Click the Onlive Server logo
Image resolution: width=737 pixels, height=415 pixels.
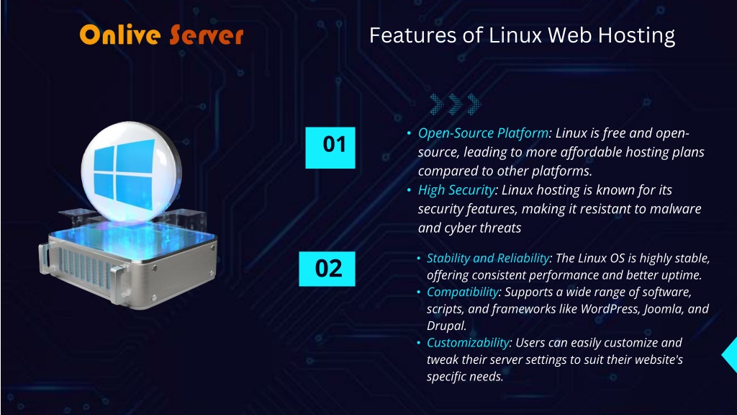point(161,35)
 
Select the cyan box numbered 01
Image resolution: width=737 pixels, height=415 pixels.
point(330,147)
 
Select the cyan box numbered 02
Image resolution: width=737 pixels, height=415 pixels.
point(327,269)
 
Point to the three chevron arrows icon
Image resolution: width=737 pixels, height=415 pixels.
point(455,104)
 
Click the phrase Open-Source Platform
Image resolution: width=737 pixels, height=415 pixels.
point(483,133)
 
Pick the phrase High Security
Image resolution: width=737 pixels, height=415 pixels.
point(456,190)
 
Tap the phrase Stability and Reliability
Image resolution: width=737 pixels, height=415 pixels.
point(488,259)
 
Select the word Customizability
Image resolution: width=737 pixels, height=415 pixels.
point(468,343)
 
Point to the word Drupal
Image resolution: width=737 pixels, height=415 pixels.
point(446,326)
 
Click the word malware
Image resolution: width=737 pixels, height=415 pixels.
point(675,209)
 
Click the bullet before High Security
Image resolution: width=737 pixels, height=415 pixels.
point(409,190)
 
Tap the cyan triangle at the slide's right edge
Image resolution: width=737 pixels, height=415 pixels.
point(730,355)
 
